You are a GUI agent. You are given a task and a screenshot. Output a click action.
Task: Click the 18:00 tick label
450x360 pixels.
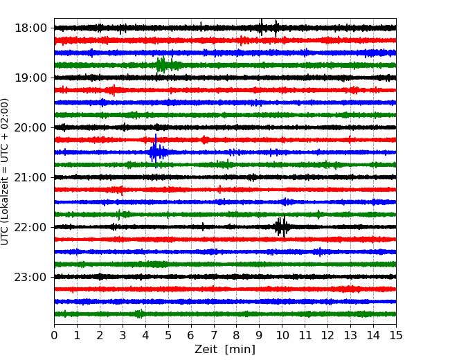30,28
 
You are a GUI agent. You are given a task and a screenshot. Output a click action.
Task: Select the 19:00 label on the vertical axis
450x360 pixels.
30,78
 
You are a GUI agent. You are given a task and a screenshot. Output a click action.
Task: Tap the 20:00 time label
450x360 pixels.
30,127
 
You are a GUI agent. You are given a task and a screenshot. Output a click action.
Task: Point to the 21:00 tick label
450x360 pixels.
30,177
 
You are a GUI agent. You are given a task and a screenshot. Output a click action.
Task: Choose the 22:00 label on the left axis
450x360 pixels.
30,227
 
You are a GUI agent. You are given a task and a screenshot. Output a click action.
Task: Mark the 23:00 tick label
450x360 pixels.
30,277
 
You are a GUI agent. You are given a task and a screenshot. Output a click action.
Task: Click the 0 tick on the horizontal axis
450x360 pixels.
54,335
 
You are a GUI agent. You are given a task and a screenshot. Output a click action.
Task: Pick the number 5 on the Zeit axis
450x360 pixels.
168,335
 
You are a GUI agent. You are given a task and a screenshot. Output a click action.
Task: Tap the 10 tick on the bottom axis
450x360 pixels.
282,335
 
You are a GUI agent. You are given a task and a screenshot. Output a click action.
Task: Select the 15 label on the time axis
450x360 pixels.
396,335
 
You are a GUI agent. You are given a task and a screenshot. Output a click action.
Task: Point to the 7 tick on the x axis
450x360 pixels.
214,335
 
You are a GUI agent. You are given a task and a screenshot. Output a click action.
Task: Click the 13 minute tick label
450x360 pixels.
350,335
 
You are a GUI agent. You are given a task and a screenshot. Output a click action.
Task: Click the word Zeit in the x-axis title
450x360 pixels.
206,349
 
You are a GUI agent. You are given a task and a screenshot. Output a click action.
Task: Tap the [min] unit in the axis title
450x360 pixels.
240,350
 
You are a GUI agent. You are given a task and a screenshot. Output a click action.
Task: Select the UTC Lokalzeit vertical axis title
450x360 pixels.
4,172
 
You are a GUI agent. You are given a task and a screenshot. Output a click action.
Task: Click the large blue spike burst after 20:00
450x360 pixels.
156,152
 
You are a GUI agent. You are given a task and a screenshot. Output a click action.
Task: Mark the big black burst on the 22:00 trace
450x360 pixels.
282,226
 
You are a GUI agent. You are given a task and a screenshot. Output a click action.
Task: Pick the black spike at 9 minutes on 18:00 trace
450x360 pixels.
261,28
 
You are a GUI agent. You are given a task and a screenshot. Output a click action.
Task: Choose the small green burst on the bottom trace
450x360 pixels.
139,314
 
